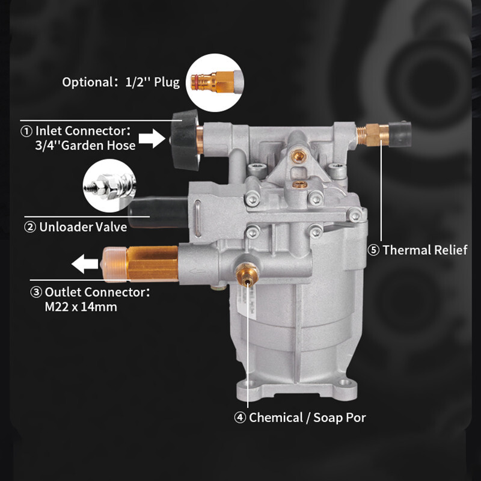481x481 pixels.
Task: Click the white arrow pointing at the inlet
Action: click(152, 138)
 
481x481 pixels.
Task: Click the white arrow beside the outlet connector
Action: click(85, 263)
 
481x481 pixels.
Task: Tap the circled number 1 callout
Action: click(26, 131)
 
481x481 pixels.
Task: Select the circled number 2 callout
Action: click(30, 227)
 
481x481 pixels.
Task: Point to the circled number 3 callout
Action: click(36, 292)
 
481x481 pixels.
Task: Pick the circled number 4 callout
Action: click(240, 417)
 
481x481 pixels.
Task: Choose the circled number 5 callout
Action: click(373, 250)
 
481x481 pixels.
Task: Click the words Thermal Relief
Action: click(425, 250)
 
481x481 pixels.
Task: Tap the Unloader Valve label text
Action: click(83, 227)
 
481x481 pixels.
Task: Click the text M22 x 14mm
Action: click(81, 307)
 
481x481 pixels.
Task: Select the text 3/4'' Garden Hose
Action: click(85, 146)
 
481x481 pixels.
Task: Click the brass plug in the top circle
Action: click(213, 82)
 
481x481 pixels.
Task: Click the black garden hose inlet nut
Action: click(185, 139)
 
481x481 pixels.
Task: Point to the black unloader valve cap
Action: click(158, 212)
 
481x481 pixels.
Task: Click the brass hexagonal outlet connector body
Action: click(153, 264)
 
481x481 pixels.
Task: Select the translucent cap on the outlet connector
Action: click(114, 265)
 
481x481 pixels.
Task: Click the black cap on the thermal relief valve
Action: click(399, 134)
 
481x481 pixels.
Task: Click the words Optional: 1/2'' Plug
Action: click(121, 82)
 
